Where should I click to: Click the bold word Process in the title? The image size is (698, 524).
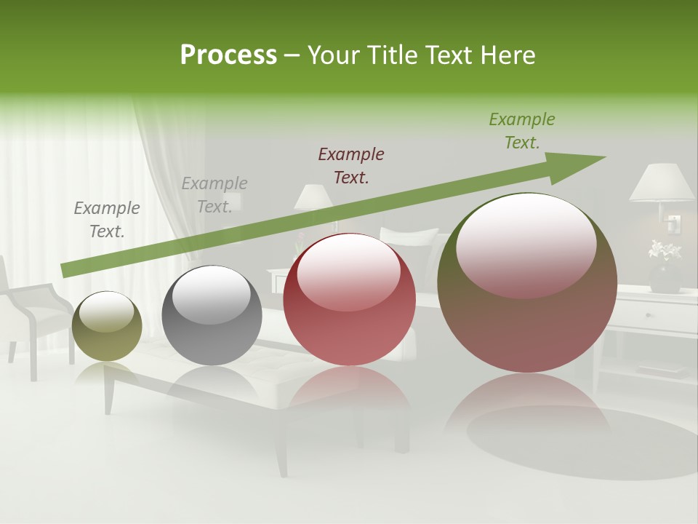tap(228, 55)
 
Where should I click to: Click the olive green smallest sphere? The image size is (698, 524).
tap(107, 327)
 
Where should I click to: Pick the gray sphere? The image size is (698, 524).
tap(212, 316)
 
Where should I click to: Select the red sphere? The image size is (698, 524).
tap(349, 300)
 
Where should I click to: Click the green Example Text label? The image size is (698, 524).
tap(521, 131)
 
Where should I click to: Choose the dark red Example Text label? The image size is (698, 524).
tap(351, 165)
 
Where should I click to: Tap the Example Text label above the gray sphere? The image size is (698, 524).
tap(214, 194)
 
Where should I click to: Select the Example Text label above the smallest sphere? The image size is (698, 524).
tap(107, 219)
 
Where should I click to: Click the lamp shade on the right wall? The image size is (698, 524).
tap(662, 182)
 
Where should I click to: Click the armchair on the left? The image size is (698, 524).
tap(33, 313)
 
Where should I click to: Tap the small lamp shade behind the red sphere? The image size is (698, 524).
tap(313, 197)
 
